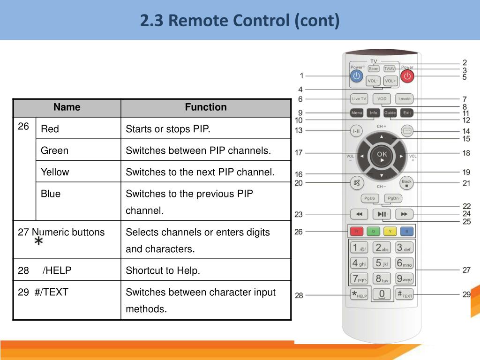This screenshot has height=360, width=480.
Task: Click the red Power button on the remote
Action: point(407,76)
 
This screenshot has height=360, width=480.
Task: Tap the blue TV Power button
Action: point(357,76)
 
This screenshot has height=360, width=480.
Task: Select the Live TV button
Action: point(359,99)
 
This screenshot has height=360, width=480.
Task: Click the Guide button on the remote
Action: point(390,113)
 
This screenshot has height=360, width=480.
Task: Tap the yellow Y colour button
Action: point(390,231)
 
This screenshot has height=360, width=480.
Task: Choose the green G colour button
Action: point(373,231)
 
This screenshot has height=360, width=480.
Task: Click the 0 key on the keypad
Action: point(382,294)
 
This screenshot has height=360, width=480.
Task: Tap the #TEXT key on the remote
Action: point(405,294)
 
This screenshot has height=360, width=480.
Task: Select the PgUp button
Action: point(370,198)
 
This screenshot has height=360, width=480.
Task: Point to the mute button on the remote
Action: point(357,182)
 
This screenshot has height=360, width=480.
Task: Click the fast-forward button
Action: point(404,214)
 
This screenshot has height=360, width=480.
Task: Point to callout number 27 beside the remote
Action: point(466,270)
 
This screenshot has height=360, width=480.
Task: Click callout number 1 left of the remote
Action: point(301,75)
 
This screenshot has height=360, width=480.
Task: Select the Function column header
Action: point(205,107)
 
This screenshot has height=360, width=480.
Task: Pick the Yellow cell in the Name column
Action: point(55,172)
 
